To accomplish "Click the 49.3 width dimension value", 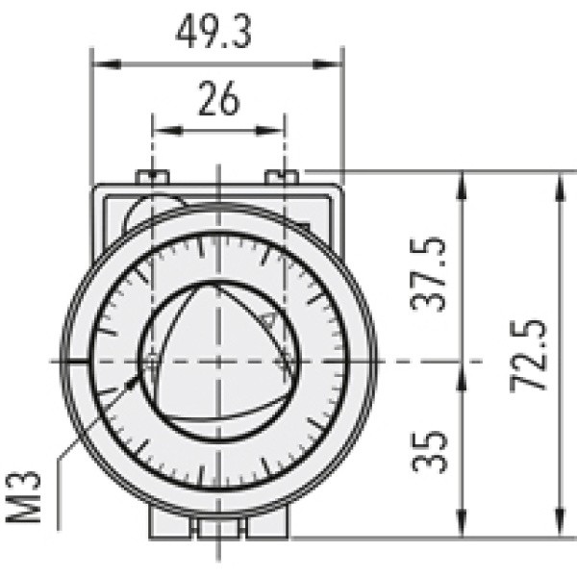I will tap(213, 33).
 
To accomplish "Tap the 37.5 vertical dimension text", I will tap(429, 274).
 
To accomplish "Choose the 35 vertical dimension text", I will tap(429, 450).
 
